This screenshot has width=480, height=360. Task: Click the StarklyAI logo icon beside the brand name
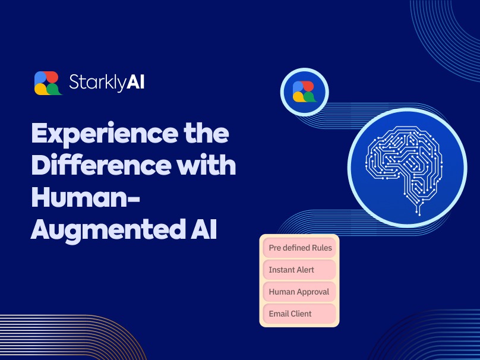tap(48, 83)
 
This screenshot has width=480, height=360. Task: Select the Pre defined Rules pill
tap(299, 248)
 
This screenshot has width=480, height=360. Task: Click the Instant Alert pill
tap(299, 270)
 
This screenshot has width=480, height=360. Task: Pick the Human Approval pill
tap(299, 292)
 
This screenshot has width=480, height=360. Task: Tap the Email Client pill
tap(299, 314)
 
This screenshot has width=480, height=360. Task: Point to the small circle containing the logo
tap(304, 91)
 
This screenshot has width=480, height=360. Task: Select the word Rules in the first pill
tap(321, 248)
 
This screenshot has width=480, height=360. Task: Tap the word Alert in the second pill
tap(303, 270)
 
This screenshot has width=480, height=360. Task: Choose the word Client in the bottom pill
tap(301, 314)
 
